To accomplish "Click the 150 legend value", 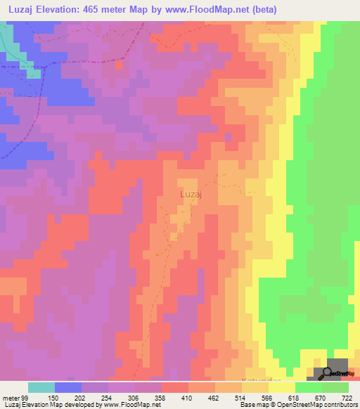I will tap(51, 398).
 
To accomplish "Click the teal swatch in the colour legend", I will tap(41, 387).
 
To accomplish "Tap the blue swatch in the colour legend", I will tap(68, 387).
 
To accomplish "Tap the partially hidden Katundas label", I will tap(272, 379).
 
